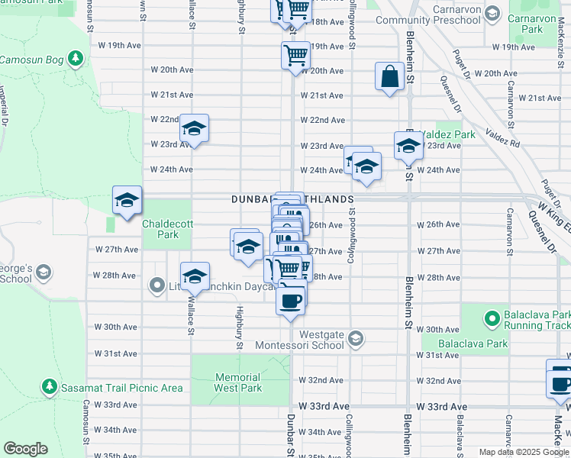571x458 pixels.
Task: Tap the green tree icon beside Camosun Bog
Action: coord(75,59)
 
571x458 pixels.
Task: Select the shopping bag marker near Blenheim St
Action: coord(389,77)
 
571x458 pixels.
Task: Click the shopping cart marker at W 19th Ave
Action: coord(295,56)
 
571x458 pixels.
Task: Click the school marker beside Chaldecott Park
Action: coord(127,200)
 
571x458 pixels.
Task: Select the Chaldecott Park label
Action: coord(160,229)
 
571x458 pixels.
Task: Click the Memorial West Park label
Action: coord(237,382)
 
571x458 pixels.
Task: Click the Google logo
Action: coord(25,449)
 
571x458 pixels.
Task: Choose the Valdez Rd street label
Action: coord(504,143)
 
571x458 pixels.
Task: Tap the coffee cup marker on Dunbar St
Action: coord(291,299)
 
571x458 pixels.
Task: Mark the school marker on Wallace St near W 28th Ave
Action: coord(195,276)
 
